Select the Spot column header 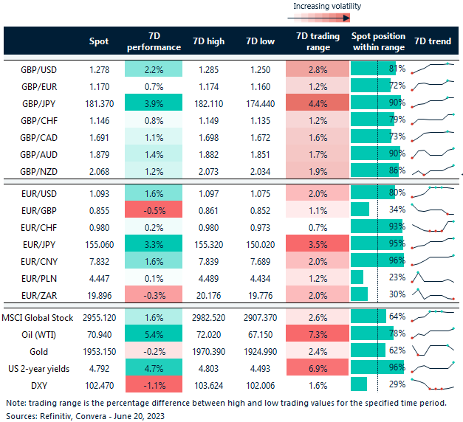click(98, 41)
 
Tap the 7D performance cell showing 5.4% click(154, 333)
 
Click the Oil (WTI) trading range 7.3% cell click(316, 333)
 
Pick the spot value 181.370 click(98, 103)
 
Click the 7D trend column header click(434, 41)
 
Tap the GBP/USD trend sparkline click(434, 68)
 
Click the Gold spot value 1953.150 click(98, 350)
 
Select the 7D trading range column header click(316, 41)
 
